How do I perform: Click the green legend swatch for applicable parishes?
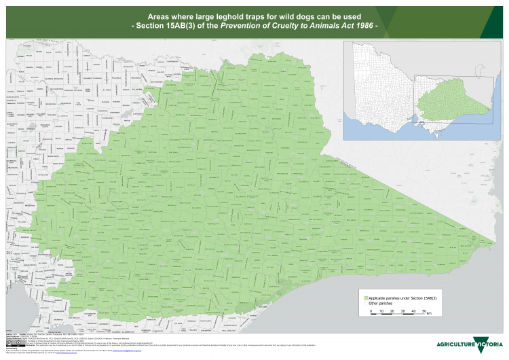pos(365,298)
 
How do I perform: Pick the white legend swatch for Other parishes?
pos(365,304)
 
